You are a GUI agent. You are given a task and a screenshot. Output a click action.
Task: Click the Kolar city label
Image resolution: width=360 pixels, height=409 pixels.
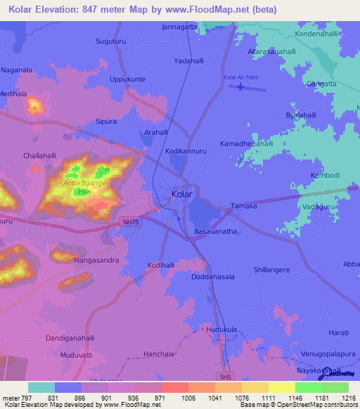(x=182, y=194)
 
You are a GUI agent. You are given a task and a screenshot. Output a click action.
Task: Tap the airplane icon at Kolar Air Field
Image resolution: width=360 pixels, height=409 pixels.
(x=242, y=87)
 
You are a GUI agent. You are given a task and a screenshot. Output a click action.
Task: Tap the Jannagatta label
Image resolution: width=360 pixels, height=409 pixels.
(x=179, y=27)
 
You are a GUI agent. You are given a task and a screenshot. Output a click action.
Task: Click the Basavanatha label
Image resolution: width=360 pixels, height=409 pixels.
(x=217, y=231)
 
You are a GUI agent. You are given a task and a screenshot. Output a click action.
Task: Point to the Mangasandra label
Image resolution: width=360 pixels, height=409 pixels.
(x=96, y=260)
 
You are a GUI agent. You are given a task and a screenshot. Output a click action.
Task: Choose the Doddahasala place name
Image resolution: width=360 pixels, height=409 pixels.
(x=212, y=278)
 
